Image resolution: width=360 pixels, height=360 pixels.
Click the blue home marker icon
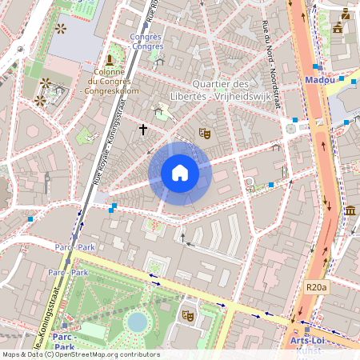(180, 173)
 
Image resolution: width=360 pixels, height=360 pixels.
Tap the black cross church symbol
(143, 129)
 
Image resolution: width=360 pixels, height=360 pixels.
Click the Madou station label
(320, 80)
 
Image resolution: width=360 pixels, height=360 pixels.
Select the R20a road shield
(317, 286)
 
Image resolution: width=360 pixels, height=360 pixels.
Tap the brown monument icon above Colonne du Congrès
(110, 59)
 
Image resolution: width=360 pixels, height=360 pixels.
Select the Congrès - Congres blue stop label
(146, 42)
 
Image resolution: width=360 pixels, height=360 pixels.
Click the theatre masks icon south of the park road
(189, 316)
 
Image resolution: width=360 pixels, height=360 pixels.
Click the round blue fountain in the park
(138, 322)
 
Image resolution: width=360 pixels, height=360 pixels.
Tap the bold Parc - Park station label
(64, 342)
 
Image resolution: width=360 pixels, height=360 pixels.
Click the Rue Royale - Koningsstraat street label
(105, 156)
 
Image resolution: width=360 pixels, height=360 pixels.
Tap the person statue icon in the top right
(345, 13)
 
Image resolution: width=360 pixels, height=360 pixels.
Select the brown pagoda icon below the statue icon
(337, 28)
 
